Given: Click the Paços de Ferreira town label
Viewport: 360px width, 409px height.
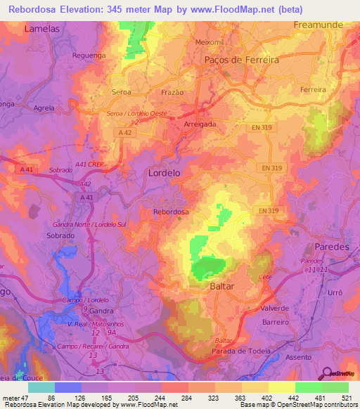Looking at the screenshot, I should click(241, 60).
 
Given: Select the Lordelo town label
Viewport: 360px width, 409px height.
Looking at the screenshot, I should click(165, 172).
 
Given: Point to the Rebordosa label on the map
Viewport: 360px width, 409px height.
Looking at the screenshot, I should click(171, 211).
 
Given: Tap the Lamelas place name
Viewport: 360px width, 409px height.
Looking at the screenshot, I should click(41, 30).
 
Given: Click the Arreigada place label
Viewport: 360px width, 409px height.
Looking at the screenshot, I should click(200, 124).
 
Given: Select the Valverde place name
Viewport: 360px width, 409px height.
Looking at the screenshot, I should click(274, 309).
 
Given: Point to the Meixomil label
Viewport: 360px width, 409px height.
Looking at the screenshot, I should click(209, 41).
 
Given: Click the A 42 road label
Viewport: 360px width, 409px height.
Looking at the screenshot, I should click(125, 132).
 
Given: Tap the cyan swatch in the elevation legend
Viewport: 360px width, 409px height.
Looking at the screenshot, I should click(41, 387).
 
